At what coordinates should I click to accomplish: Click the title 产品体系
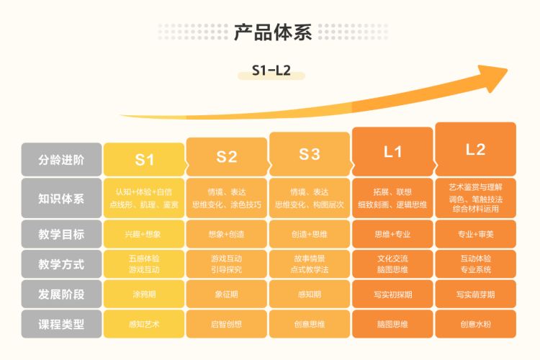tap(270, 32)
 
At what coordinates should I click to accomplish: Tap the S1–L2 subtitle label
tap(270, 72)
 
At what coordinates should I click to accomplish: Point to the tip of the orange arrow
tap(505, 70)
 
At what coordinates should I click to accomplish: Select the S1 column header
tap(145, 159)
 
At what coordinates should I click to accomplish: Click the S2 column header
tap(227, 157)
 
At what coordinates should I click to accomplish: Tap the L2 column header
tap(475, 149)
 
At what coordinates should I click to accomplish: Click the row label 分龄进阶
tap(61, 160)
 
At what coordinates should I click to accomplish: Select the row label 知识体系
tap(61, 198)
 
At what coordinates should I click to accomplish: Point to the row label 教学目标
tap(61, 234)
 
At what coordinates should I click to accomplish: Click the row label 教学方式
tap(61, 264)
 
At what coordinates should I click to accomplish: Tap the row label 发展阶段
tap(61, 294)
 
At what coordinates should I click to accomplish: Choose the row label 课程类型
tap(61, 323)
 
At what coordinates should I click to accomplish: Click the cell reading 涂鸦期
tap(145, 294)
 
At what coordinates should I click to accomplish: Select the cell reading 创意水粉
tap(475, 324)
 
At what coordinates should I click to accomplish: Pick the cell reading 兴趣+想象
tap(145, 234)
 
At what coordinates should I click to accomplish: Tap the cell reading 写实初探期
tap(392, 294)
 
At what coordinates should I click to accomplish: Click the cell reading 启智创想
tap(227, 324)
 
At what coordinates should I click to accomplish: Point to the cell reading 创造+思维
tap(310, 234)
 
